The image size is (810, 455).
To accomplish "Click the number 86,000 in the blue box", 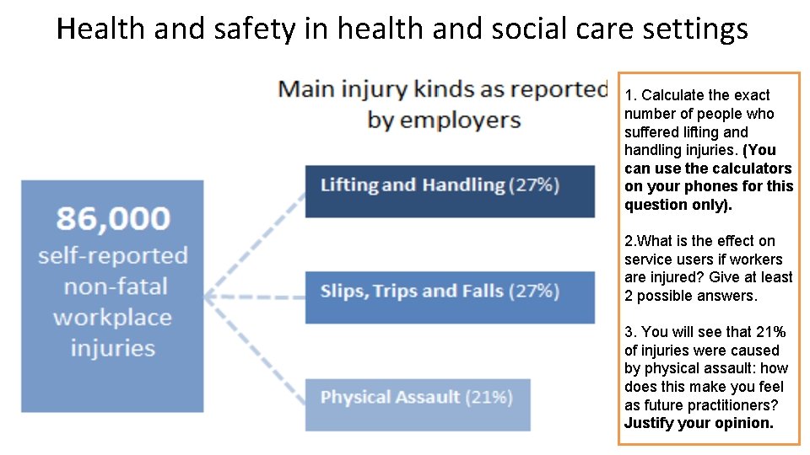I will (112, 218).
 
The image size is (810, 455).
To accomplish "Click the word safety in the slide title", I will (250, 29).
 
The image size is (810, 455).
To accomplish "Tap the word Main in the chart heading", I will (309, 89).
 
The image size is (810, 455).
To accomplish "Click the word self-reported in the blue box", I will (112, 255).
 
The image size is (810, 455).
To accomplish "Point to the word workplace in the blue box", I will (112, 318).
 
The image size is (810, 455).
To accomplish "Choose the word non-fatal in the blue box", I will (112, 286).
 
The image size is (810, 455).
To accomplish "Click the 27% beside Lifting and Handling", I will (534, 185).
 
